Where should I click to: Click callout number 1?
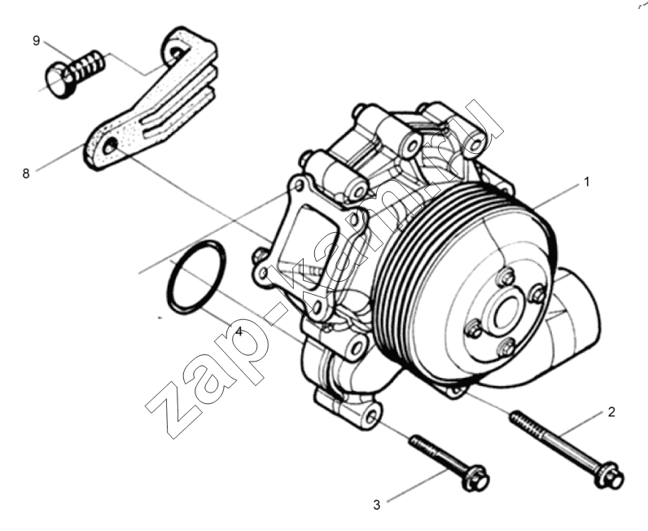(585, 182)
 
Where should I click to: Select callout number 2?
(611, 412)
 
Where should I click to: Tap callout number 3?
(376, 505)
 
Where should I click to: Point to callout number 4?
(239, 331)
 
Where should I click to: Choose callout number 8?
(26, 173)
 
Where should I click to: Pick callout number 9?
(37, 41)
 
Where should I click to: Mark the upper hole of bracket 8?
(176, 53)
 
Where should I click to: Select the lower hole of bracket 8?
(111, 146)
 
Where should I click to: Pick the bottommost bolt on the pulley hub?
(506, 347)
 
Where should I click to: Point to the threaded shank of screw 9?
(87, 67)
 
